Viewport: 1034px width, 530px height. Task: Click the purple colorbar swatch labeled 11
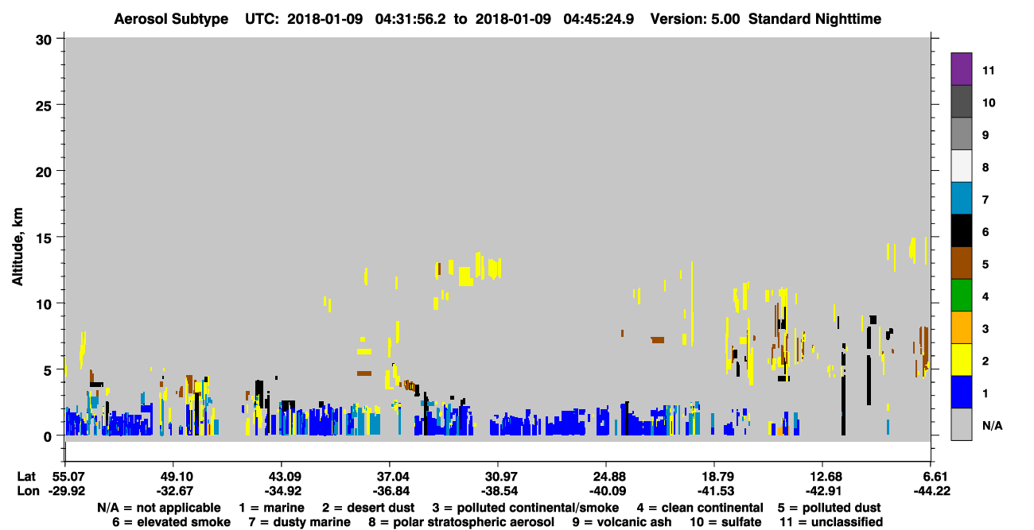coord(961,69)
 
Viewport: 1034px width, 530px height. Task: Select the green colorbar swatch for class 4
coord(961,296)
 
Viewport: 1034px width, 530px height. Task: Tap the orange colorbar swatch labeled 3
coord(961,327)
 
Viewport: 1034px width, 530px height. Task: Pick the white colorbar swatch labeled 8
coord(961,166)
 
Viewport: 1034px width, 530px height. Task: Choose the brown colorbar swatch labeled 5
coord(961,263)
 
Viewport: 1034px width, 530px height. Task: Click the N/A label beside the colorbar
coord(992,425)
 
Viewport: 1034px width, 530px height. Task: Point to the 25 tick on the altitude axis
coord(44,106)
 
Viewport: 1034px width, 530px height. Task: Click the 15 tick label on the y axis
coord(44,238)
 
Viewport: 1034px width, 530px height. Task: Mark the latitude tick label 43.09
coord(281,477)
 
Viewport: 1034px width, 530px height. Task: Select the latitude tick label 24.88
coord(605,477)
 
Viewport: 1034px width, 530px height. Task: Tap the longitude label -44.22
coord(931,491)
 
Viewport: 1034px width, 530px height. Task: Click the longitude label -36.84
coord(390,491)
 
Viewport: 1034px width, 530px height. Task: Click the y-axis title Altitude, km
coord(17,246)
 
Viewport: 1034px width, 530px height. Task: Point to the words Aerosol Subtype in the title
coord(171,19)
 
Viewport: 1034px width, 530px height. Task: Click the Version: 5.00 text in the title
coord(694,19)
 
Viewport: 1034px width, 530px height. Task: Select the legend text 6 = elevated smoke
coord(171,522)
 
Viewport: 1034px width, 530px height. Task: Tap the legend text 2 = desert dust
coord(368,508)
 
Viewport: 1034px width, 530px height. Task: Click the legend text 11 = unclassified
coord(831,522)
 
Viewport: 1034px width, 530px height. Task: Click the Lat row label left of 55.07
coord(26,477)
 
